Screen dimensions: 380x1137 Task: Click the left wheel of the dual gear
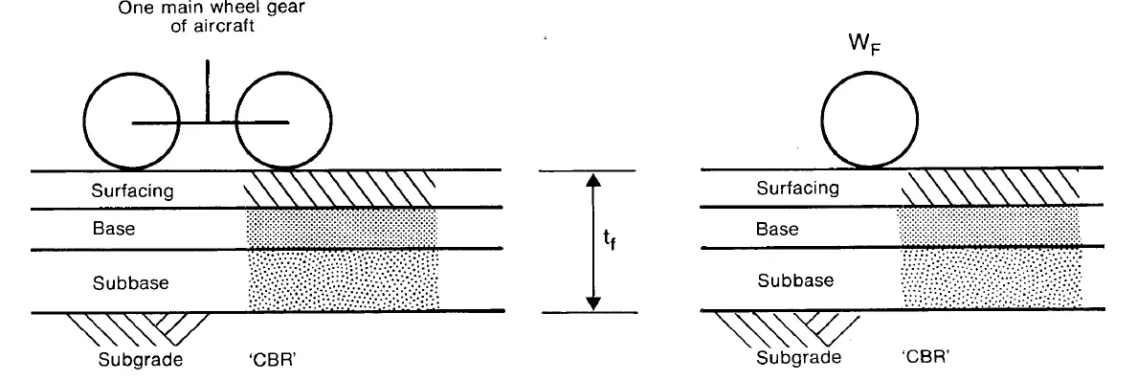click(x=127, y=122)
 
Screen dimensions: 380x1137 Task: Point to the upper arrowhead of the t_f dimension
click(x=593, y=179)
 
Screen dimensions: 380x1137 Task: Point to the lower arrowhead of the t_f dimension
click(x=593, y=302)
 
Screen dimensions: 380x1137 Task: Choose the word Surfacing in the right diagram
click(x=797, y=189)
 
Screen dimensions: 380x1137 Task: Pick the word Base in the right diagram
click(x=776, y=230)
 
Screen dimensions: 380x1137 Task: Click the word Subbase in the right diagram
click(x=795, y=280)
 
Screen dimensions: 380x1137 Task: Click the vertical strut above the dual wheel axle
click(x=208, y=90)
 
